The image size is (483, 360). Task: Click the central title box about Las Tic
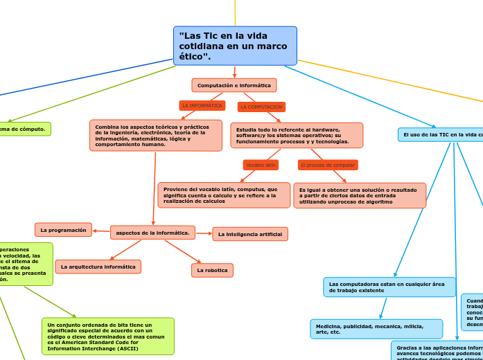coord(235,46)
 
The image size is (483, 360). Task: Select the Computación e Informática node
coord(234,85)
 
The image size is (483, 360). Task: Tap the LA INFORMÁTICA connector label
coord(202,106)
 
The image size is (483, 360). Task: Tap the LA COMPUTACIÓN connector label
coord(261,107)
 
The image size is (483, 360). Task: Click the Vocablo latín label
coord(261,165)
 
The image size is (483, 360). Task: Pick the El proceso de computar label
coord(328,165)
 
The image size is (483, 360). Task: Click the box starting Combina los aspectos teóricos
coord(156,136)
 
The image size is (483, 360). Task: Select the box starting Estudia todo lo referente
coord(297,136)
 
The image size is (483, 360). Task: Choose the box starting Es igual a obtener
coord(360,196)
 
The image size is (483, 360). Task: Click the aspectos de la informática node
coord(152,233)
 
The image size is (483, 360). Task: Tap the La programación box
coord(63,230)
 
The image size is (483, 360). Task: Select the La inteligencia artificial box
coord(250,234)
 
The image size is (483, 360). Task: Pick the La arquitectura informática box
coord(98,267)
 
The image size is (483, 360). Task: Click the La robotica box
coord(212,270)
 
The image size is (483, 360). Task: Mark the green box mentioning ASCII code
coord(107,336)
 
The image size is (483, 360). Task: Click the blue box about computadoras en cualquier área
coord(389,287)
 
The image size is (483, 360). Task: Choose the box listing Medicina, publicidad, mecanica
coord(376,329)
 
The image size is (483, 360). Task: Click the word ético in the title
coord(193,56)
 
